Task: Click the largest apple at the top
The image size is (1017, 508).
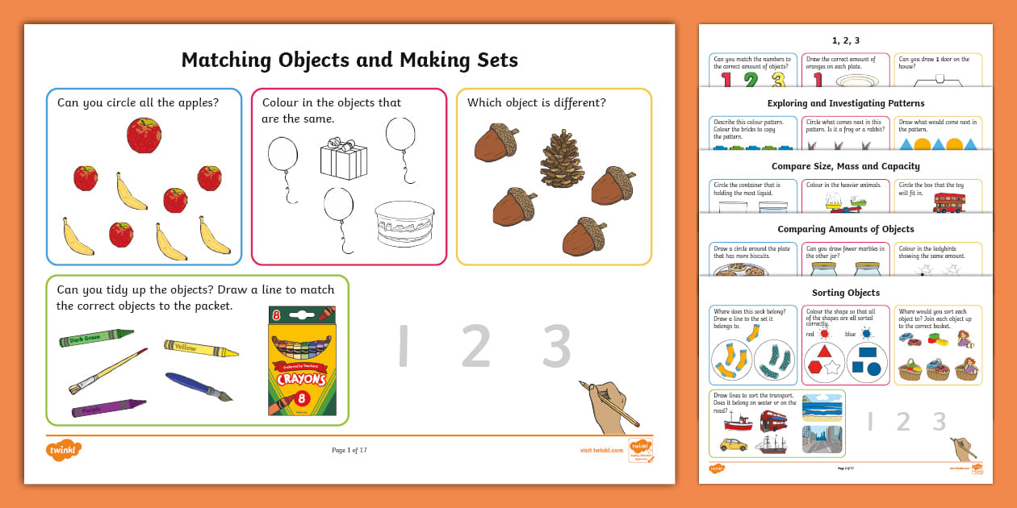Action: click(x=144, y=135)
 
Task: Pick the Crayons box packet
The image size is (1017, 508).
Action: click(x=302, y=360)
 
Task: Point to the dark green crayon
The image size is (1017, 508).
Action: click(x=96, y=337)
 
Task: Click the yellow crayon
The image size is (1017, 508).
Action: click(x=201, y=348)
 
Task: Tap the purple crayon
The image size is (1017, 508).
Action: click(x=109, y=407)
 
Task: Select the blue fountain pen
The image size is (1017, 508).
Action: click(x=199, y=385)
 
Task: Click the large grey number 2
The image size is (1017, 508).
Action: click(x=476, y=348)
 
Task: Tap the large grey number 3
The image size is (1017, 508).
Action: click(x=556, y=348)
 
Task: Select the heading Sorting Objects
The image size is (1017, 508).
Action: click(x=845, y=293)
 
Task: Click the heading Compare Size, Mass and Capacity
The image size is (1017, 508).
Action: click(x=845, y=166)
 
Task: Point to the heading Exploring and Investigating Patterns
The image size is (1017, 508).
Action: click(x=845, y=103)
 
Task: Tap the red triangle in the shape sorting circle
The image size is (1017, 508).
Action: click(x=824, y=351)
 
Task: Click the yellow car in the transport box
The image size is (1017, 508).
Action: click(x=733, y=444)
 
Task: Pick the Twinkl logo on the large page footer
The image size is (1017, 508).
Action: click(x=64, y=450)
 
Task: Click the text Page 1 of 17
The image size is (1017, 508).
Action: click(x=349, y=450)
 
